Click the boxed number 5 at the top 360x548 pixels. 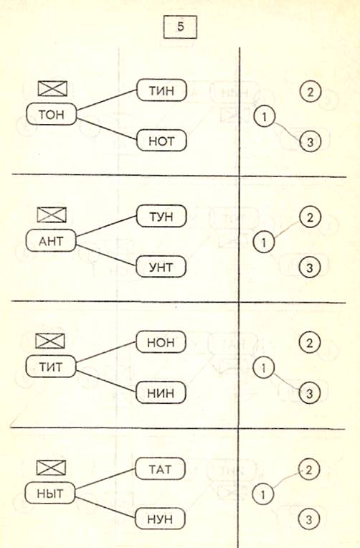[x=180, y=27]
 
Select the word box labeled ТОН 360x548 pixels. [x=52, y=114]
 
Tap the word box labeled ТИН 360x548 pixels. [x=161, y=90]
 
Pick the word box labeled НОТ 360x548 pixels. [x=161, y=141]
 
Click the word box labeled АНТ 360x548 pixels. [x=51, y=241]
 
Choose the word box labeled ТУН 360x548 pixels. [x=161, y=217]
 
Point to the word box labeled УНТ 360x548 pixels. [x=161, y=267]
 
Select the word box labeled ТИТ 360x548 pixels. [x=51, y=367]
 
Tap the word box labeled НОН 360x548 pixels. [x=161, y=342]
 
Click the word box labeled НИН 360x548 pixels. [x=161, y=393]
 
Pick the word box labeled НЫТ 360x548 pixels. [x=50, y=493]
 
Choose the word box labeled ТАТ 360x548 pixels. [x=160, y=468]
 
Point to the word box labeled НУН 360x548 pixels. [x=160, y=519]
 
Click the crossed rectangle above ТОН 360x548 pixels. [x=52, y=88]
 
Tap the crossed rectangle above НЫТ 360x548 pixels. [x=51, y=468]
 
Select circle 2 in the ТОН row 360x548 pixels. [x=310, y=92]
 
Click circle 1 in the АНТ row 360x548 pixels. [x=264, y=242]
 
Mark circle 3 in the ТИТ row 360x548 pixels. [x=309, y=394]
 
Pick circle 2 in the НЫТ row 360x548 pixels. [x=308, y=470]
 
